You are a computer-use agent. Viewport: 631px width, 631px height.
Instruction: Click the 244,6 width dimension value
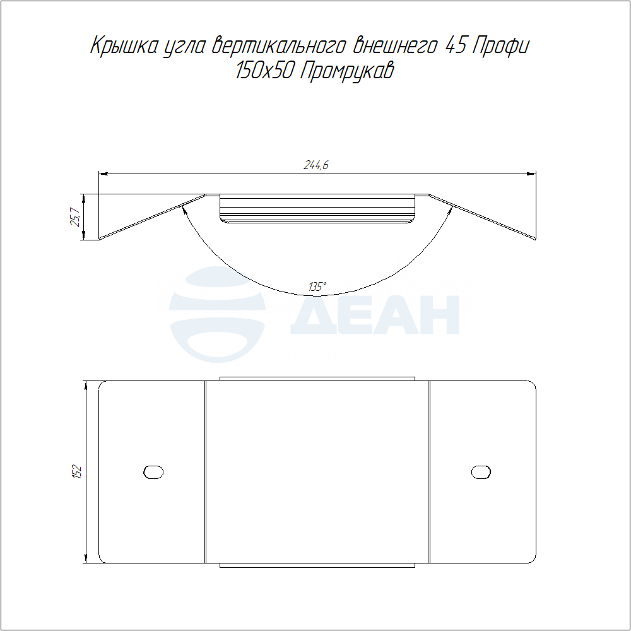point(316,165)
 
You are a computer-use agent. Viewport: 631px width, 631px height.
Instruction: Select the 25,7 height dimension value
point(75,217)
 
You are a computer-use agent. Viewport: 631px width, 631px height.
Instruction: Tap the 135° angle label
point(317,287)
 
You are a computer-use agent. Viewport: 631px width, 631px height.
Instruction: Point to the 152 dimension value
point(77,472)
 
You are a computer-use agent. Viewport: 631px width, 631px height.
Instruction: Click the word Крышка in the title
point(124,46)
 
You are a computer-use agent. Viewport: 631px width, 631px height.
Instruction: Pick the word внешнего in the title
point(395,46)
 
